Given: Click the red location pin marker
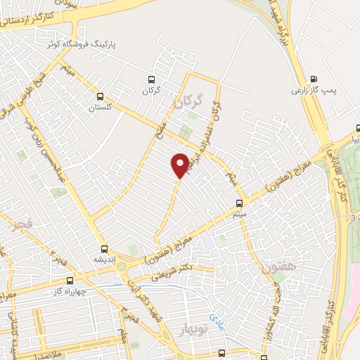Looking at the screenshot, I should (x=181, y=165).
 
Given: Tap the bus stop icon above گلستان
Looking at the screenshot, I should (x=100, y=97).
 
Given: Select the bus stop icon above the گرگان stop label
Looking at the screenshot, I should (x=150, y=80).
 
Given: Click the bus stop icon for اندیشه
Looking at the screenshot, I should (x=104, y=248).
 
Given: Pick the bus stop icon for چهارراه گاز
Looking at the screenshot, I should (x=68, y=280).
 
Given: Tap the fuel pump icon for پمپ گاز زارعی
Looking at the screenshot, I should (x=313, y=79).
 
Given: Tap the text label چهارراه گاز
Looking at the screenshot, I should (x=69, y=290).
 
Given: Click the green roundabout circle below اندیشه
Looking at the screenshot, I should (x=121, y=266).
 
